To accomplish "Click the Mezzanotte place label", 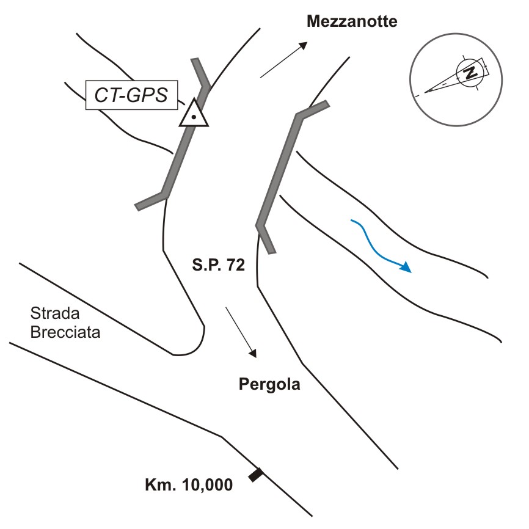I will click(x=352, y=23).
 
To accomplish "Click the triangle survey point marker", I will click(x=194, y=113).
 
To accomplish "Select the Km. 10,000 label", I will click(x=188, y=486).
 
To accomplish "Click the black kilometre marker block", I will click(x=256, y=475).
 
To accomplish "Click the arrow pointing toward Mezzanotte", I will click(x=284, y=60).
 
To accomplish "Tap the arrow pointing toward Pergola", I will click(x=241, y=332).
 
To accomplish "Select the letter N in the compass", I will click(x=470, y=72).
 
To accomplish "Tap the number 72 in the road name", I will click(x=234, y=264).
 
